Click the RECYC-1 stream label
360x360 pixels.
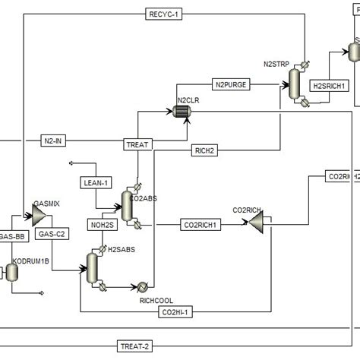pos(166,14)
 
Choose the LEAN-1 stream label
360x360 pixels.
pos(96,182)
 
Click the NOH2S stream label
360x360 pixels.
pos(101,225)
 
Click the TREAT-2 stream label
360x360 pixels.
pos(136,346)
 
